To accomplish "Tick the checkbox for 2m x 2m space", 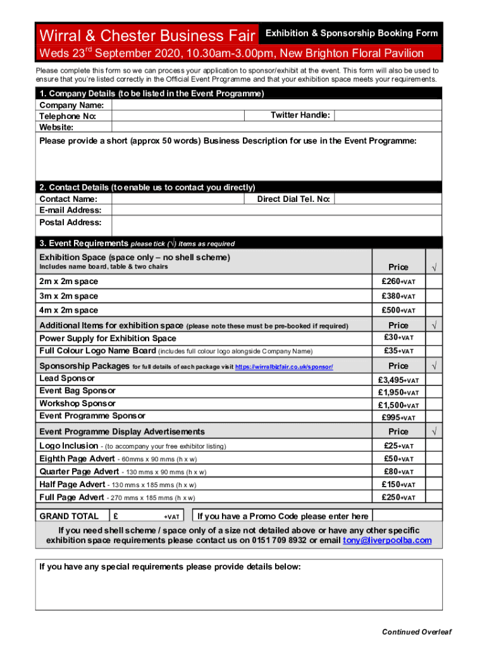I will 433,282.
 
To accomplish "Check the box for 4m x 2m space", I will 433,310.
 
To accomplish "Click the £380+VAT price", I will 398,296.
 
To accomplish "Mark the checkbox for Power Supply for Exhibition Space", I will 433,338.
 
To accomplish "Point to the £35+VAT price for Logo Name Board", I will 398,351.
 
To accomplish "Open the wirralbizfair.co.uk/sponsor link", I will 284,367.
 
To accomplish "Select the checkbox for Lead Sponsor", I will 433,380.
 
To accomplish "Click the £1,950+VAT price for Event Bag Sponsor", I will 398,392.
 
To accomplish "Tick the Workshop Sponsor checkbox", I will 433,405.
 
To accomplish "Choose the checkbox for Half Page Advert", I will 433,485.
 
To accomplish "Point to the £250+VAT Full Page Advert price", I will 398,497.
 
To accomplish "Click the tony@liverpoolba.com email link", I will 387,540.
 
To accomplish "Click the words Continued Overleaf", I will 416,632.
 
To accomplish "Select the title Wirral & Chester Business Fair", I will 147,34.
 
